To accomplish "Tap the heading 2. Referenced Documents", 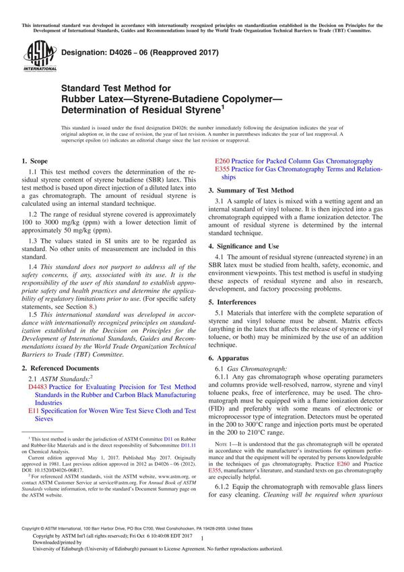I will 61,368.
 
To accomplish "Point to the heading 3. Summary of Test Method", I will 250,190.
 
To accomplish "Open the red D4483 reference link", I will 38,388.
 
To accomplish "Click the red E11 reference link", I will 32,410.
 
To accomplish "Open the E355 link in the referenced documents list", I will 222,170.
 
